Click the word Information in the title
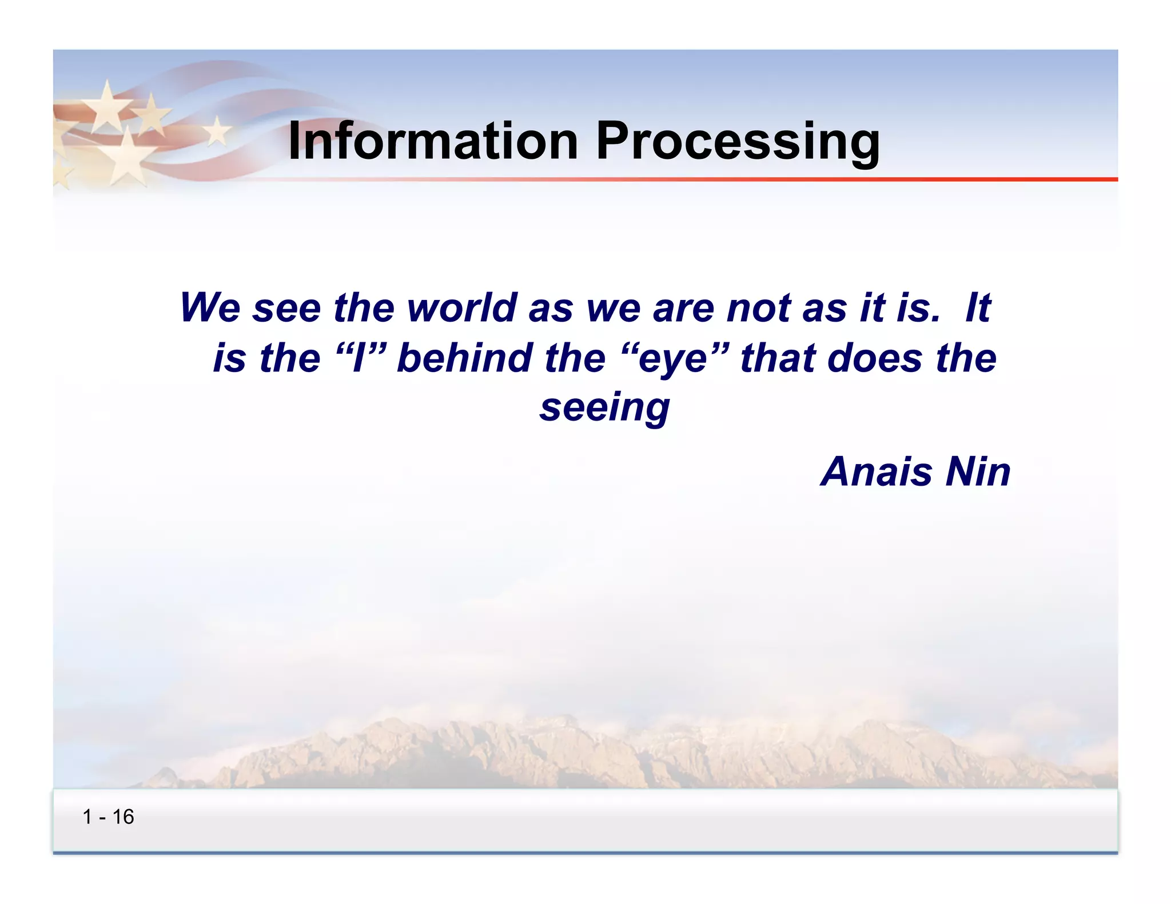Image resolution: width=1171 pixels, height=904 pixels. [433, 141]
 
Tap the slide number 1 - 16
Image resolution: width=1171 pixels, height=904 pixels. [108, 817]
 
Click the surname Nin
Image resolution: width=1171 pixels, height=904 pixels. [978, 472]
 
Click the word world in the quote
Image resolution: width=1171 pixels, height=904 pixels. [462, 307]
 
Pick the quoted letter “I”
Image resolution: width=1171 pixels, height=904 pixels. [359, 359]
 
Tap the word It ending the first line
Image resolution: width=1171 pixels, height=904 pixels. [977, 307]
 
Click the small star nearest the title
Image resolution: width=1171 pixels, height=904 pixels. [217, 131]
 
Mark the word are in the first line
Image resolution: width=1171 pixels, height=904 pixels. [683, 309]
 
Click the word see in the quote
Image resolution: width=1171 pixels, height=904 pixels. [286, 309]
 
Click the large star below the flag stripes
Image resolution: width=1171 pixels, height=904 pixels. [124, 157]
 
